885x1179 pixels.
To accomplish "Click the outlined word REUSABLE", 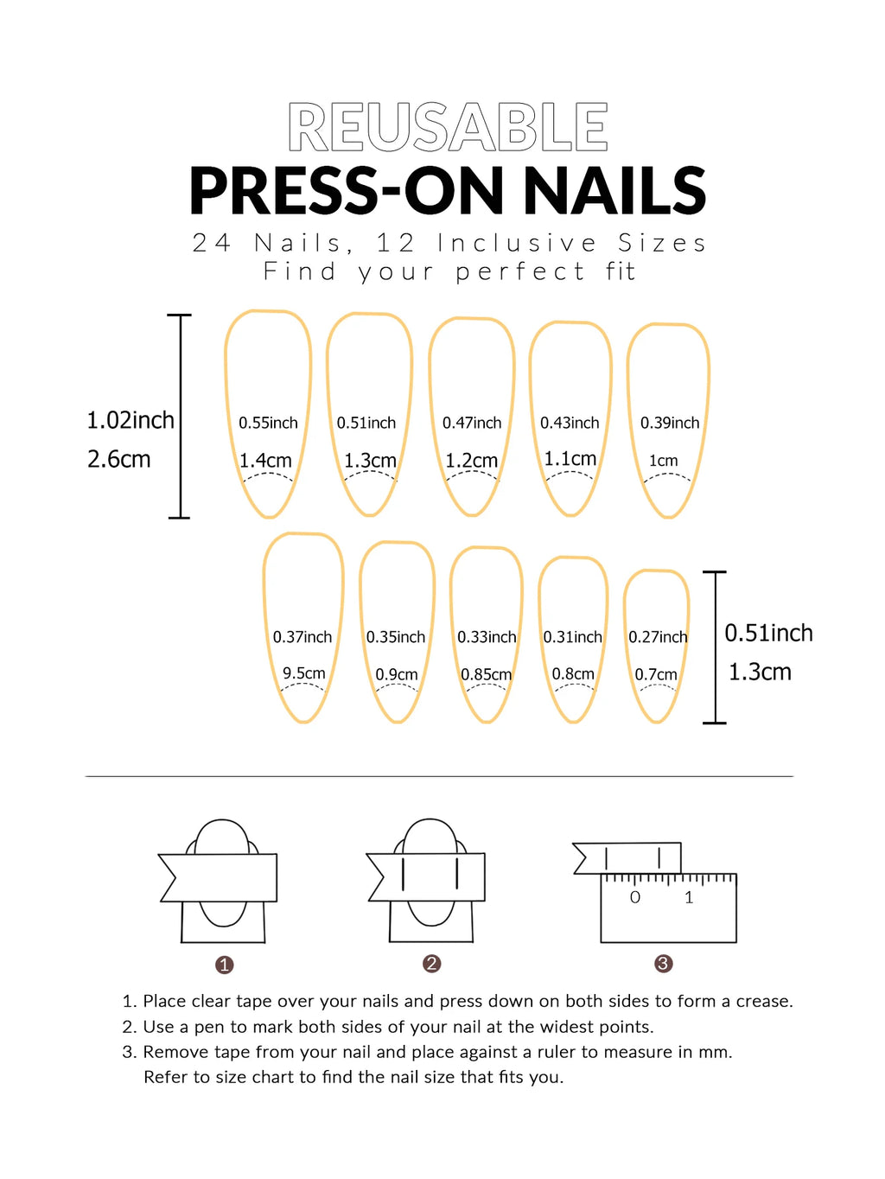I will (x=448, y=128).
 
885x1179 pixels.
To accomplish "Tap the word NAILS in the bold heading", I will (x=614, y=191).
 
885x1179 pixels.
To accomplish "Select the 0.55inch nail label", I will (x=268, y=423).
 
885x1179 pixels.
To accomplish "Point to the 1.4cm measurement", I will (x=265, y=461).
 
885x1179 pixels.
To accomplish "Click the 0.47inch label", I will (x=472, y=423).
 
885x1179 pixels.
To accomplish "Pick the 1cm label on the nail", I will (x=664, y=461).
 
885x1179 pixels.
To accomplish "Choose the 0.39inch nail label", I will (x=670, y=423).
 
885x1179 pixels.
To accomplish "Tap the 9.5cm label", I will (x=304, y=672).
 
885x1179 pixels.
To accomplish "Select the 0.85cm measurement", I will (x=486, y=674).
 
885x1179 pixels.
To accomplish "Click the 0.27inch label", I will (x=658, y=637).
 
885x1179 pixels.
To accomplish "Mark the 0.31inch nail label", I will (x=572, y=637).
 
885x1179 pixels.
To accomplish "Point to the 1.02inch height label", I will (x=131, y=420).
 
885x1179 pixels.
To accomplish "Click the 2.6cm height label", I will (x=118, y=459).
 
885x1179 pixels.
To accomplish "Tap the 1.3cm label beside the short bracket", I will (x=760, y=672).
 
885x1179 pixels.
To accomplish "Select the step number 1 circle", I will (x=225, y=965).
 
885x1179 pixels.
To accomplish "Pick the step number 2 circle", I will (x=432, y=964).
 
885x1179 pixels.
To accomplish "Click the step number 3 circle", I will (x=663, y=964).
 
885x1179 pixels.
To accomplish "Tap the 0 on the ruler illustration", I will (x=635, y=897).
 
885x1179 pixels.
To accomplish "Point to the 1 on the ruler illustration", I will (x=689, y=897).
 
